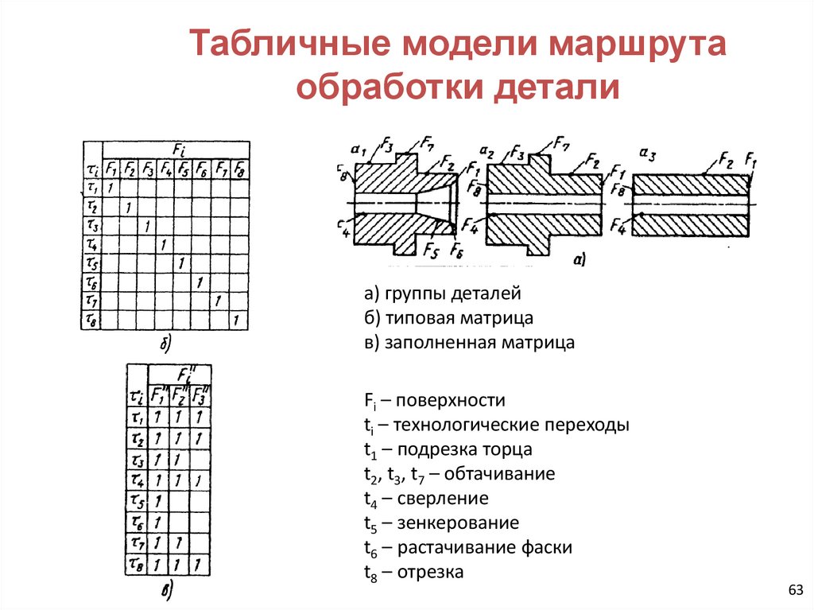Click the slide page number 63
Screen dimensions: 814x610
(795, 589)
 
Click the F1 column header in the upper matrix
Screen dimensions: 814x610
(110, 169)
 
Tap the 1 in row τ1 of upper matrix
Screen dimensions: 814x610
(110, 188)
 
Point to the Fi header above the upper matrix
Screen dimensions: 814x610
(180, 150)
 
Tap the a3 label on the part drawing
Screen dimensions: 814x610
(648, 153)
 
